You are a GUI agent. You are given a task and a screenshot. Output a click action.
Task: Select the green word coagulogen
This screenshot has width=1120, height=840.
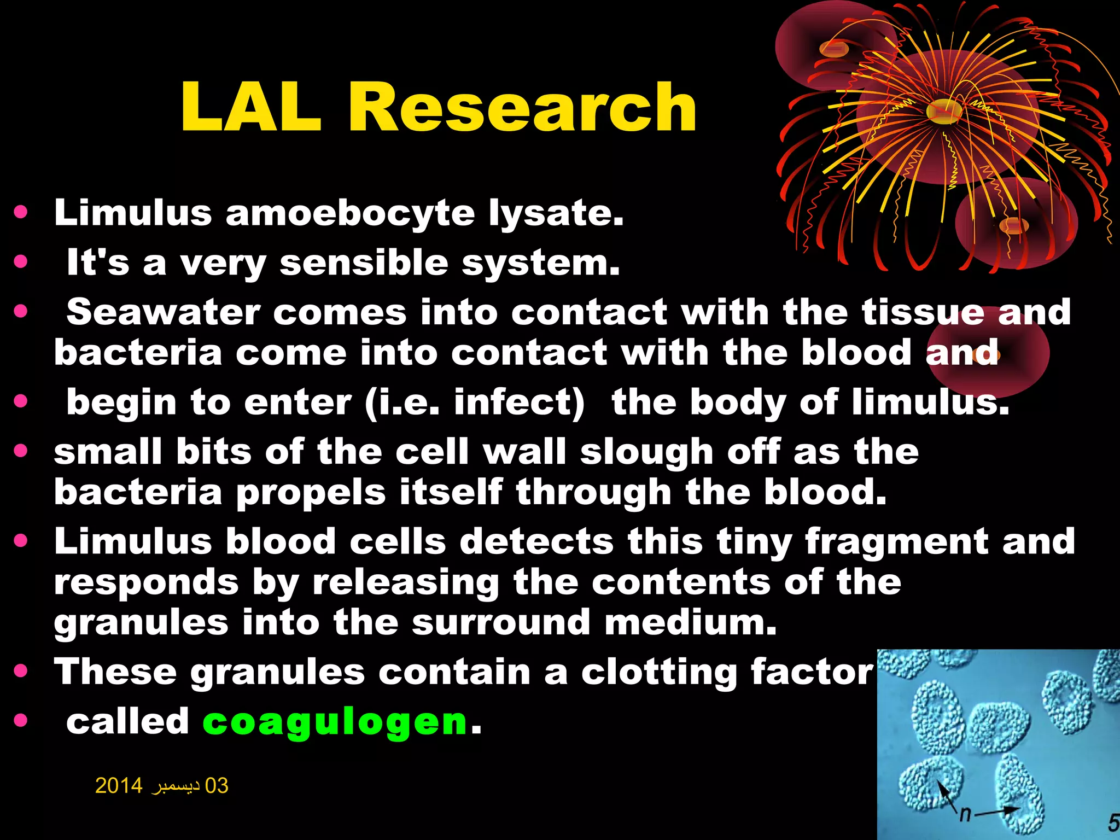point(335,722)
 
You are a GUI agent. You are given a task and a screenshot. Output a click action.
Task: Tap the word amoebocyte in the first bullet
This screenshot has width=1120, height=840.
point(350,213)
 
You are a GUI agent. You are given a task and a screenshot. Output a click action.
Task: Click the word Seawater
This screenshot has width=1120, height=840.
point(162,312)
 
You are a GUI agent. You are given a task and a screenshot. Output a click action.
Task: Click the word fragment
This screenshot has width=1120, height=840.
point(896,542)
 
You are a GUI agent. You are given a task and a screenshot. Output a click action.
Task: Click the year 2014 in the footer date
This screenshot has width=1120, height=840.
point(119,786)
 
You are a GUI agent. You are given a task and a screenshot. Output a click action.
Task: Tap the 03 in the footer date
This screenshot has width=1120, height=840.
point(216,786)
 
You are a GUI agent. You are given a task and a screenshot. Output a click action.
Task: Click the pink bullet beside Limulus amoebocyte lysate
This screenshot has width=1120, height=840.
point(21,212)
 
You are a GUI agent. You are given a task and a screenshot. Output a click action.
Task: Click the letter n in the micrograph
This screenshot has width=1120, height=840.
point(965,815)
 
